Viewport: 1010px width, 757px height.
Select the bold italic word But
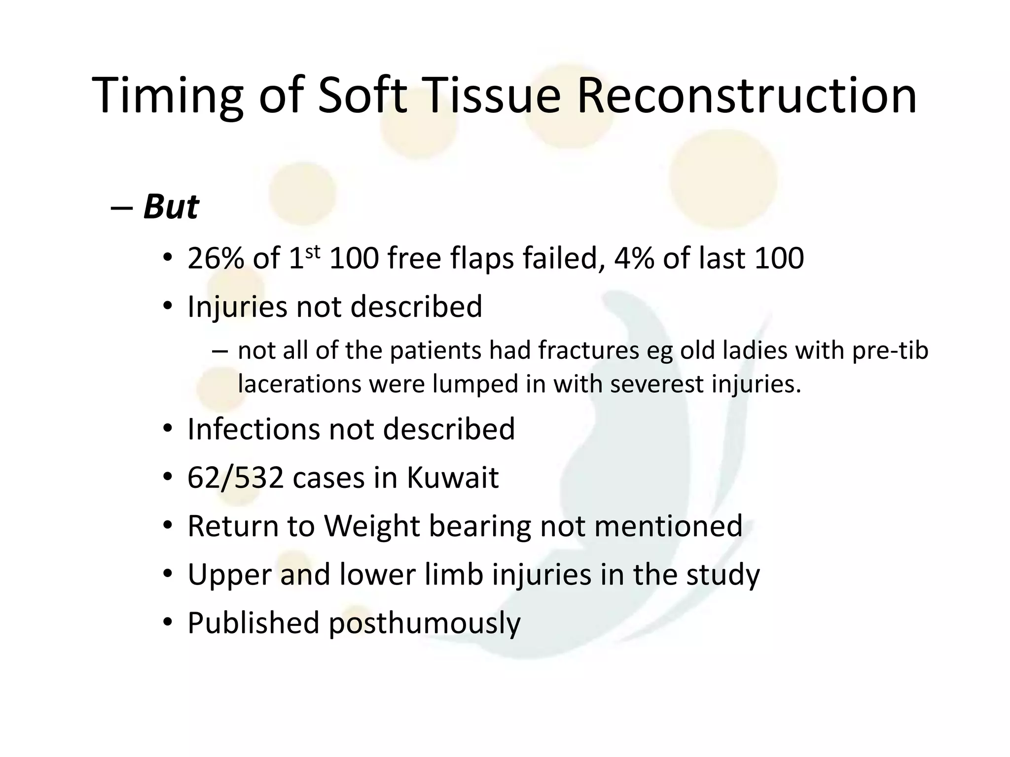tap(171, 206)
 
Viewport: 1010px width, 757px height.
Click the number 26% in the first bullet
tap(216, 258)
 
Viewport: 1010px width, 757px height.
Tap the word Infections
tap(253, 429)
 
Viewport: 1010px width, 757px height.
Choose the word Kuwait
tap(452, 478)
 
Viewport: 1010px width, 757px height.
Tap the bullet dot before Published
tap(168, 623)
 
